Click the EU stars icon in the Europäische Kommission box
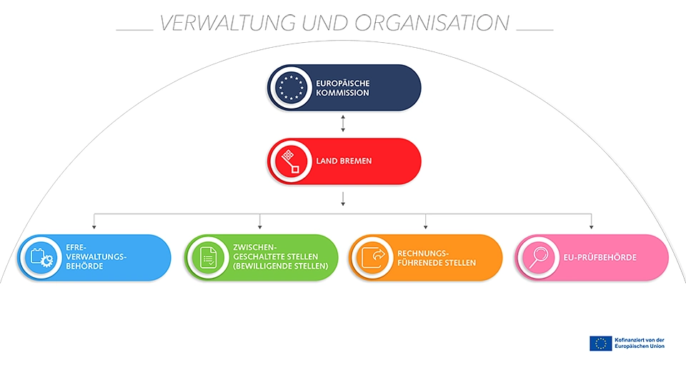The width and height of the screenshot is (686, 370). (290, 88)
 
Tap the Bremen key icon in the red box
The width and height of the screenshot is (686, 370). (290, 161)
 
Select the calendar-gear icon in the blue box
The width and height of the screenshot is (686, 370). (41, 257)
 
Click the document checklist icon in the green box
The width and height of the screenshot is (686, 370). (208, 257)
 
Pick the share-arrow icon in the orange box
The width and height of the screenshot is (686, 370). (373, 257)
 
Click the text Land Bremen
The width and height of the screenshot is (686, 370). (344, 161)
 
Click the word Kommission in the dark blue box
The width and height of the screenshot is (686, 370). (343, 93)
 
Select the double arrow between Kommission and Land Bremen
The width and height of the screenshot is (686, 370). (344, 124)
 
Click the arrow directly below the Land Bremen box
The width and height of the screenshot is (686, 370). (344, 199)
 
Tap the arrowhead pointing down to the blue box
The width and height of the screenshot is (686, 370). (94, 227)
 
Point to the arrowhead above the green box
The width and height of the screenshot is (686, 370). (260, 227)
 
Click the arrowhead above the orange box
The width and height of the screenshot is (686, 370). (426, 227)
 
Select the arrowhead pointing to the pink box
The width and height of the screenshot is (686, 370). (592, 227)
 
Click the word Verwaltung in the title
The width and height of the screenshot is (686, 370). (228, 23)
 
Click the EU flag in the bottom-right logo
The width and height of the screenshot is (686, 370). (600, 344)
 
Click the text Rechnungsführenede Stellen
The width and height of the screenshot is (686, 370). (437, 258)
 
